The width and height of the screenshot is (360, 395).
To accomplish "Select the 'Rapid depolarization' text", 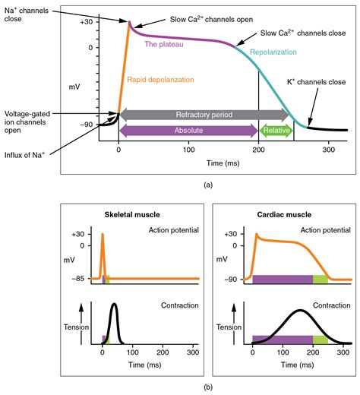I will tap(165, 78).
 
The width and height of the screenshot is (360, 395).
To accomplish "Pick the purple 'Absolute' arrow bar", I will tap(188, 131).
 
